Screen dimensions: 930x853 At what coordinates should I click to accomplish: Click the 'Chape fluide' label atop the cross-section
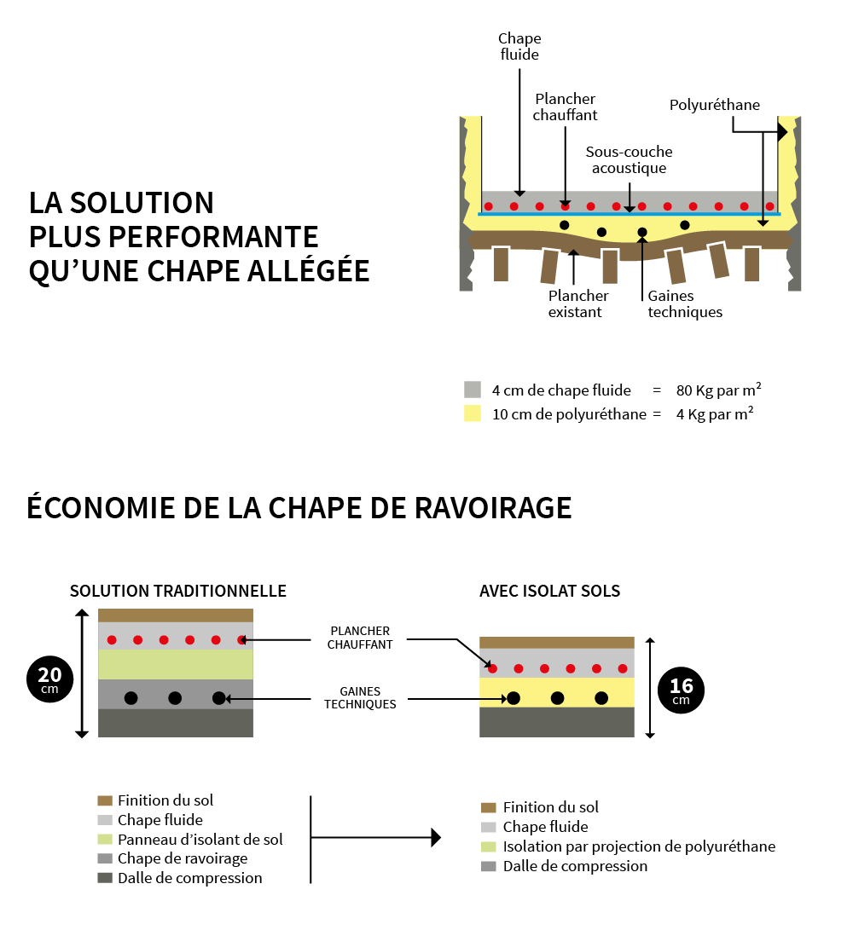519,47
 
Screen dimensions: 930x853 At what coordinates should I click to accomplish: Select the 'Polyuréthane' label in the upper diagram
714,106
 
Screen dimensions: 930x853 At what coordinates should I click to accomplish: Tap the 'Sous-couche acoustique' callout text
629,160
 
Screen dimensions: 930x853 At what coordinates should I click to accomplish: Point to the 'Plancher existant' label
577,304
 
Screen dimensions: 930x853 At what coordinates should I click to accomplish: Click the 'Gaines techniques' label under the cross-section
684,304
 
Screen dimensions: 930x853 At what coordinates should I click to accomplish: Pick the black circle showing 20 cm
49,679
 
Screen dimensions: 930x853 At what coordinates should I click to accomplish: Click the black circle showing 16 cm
681,690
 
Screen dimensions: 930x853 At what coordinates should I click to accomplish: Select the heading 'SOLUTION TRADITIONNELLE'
177,592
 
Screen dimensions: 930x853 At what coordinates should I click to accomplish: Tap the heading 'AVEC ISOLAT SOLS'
549,592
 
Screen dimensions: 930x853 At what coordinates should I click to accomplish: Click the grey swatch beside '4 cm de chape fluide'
473,390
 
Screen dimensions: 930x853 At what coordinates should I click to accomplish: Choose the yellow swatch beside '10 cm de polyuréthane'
473,414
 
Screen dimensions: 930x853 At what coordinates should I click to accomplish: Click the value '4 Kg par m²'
714,415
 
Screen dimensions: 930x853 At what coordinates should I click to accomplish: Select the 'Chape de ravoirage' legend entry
183,858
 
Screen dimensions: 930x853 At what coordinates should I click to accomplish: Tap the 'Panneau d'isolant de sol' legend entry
200,840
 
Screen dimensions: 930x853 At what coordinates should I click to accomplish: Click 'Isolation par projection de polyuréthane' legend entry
639,846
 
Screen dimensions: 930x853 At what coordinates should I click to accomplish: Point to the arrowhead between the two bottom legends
436,838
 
